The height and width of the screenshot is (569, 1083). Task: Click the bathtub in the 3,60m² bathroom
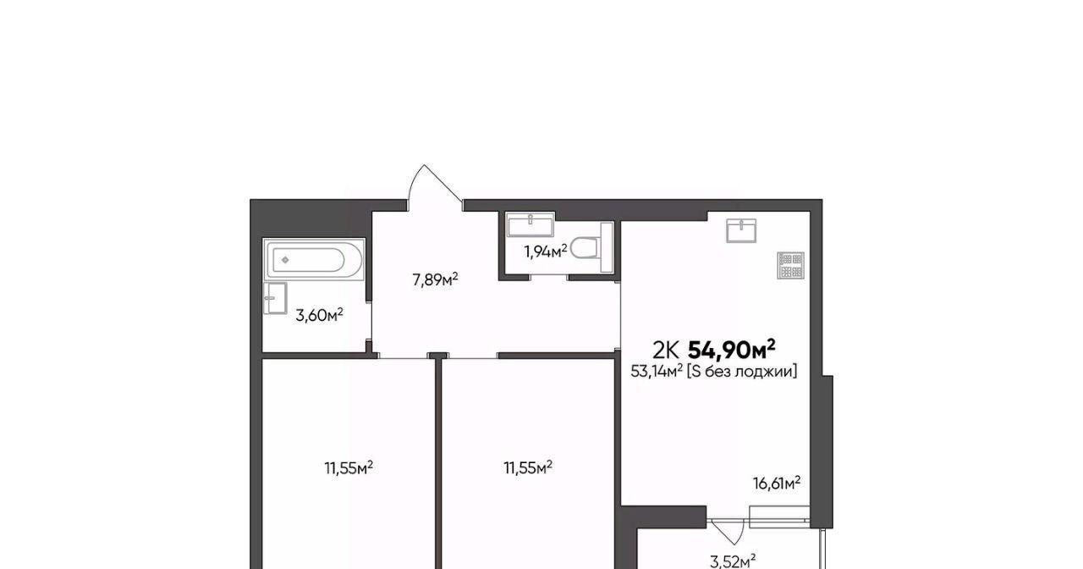[x=314, y=259]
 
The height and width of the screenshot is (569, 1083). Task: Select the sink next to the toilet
[x=531, y=224]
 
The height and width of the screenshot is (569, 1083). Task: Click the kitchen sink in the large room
[x=741, y=230]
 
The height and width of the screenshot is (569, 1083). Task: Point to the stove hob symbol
[x=791, y=265]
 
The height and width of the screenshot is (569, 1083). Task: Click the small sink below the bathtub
[x=275, y=298]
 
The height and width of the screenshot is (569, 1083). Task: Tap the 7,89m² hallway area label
[x=435, y=279]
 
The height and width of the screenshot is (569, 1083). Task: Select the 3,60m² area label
[x=319, y=316]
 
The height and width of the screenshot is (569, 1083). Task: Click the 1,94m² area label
[x=546, y=251]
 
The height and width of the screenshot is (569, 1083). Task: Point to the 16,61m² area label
[x=777, y=483]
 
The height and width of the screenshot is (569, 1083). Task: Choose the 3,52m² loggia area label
[x=733, y=561]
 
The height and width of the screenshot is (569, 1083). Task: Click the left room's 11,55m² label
[x=349, y=468]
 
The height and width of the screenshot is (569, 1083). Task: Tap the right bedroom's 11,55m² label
[x=528, y=468]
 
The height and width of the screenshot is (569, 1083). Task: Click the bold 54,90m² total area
[x=732, y=350]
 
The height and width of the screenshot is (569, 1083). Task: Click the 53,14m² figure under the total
[x=657, y=371]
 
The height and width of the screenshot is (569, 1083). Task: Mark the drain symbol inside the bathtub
[x=285, y=260]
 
